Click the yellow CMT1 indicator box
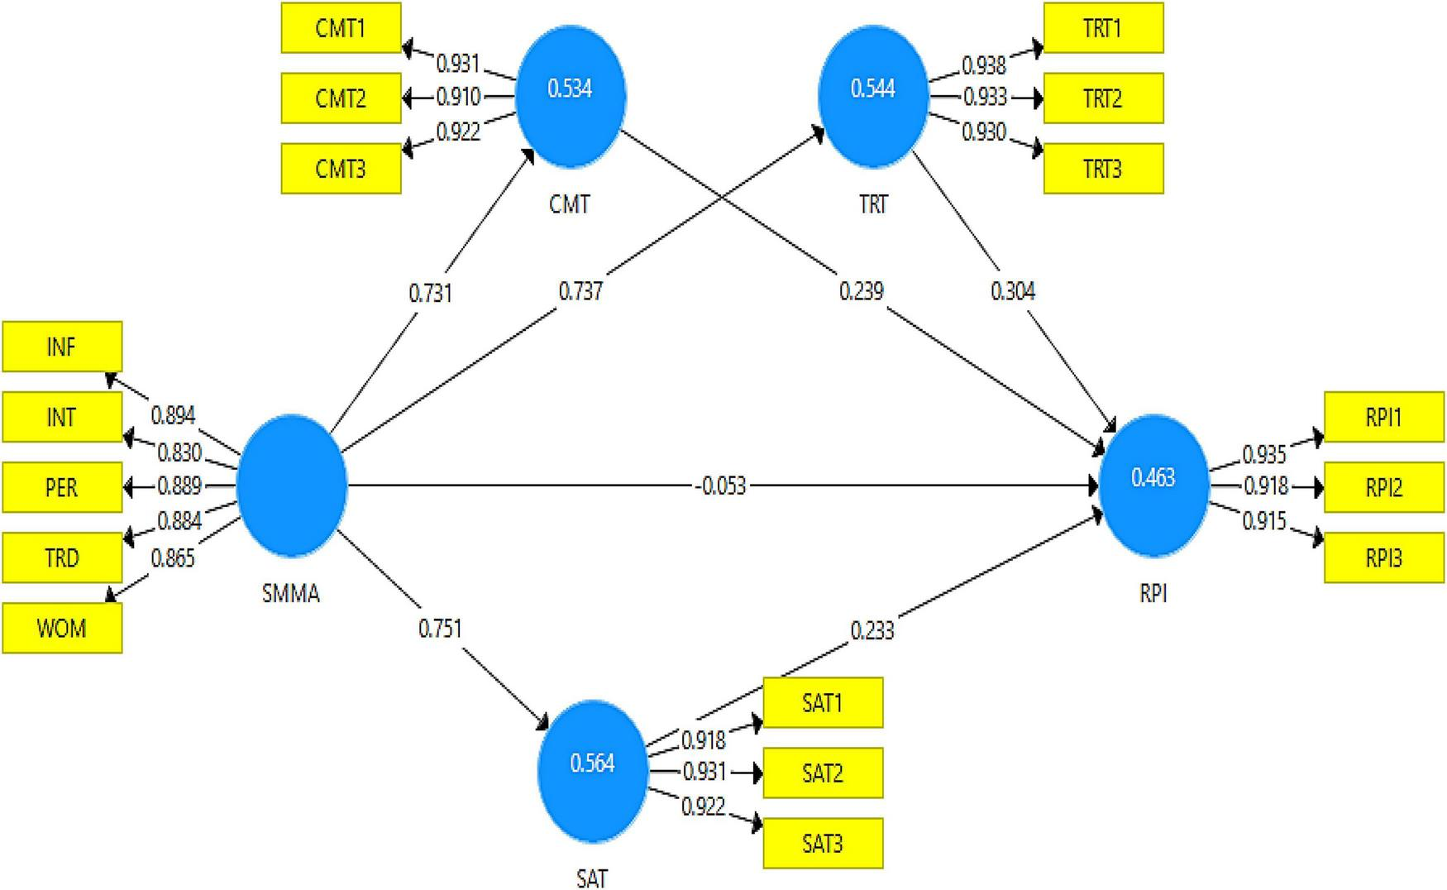pos(341,28)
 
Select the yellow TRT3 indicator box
pos(1103,169)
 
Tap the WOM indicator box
pos(62,628)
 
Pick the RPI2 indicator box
pos(1384,488)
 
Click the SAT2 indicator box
pos(823,773)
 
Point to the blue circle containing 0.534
pos(571,96)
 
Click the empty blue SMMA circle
pos(291,486)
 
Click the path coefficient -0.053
pos(720,486)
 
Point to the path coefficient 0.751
pos(440,629)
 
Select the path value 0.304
pos(1013,291)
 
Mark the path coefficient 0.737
pos(580,291)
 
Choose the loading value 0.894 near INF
pos(173,415)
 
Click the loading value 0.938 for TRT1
pos(983,65)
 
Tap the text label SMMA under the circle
pos(291,593)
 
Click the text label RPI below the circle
pos(1153,593)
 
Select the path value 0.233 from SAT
pos(872,630)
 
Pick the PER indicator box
pos(62,487)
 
